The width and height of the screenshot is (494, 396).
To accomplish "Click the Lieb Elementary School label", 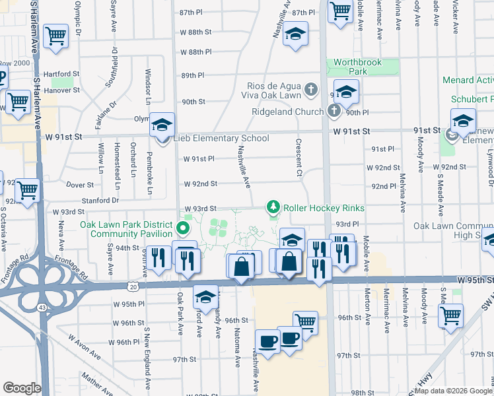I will click(x=221, y=139).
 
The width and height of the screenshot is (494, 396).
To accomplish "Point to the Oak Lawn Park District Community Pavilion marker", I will click(x=184, y=230).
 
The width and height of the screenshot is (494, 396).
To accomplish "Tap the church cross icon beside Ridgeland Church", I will click(x=334, y=110).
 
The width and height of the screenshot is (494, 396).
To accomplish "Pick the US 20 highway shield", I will click(x=133, y=287).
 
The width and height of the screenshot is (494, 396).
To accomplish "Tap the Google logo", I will click(x=22, y=388).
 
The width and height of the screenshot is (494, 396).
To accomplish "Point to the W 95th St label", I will click(x=474, y=280).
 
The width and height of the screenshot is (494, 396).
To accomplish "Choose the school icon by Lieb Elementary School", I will click(x=161, y=125).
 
